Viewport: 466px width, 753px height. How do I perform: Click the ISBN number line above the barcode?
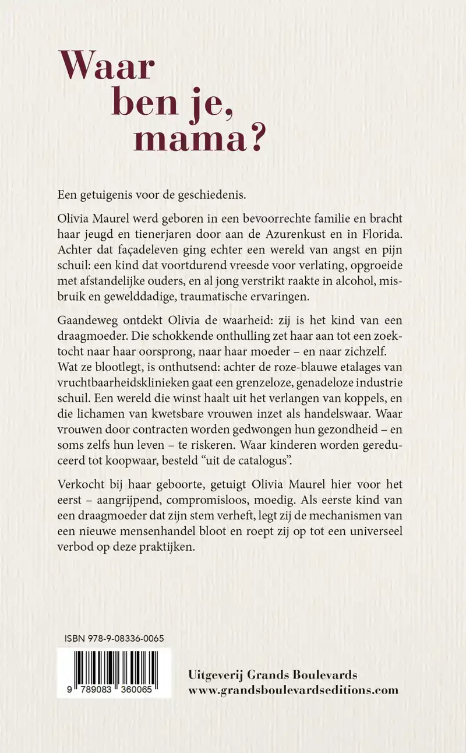tap(114, 639)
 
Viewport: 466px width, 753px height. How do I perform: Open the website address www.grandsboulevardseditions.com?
tap(294, 691)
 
